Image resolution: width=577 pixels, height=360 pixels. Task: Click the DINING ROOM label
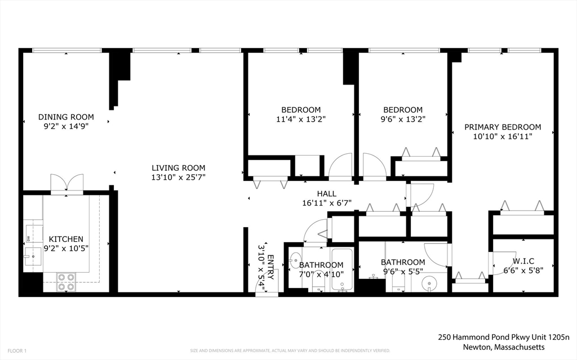pyautogui.click(x=66, y=117)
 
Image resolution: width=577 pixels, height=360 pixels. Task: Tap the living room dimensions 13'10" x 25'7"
pyautogui.click(x=178, y=177)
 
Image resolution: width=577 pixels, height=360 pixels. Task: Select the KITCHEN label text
pyautogui.click(x=66, y=239)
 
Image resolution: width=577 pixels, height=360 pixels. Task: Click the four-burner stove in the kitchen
pyautogui.click(x=66, y=282)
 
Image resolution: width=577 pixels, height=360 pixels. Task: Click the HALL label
pyautogui.click(x=326, y=194)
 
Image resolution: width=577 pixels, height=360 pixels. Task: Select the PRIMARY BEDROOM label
pyautogui.click(x=502, y=127)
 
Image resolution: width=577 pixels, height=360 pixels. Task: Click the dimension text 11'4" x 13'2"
pyautogui.click(x=301, y=119)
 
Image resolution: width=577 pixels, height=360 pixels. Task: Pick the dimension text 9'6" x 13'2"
pyautogui.click(x=402, y=119)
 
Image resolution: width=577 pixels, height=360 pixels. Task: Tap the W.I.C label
pyautogui.click(x=523, y=261)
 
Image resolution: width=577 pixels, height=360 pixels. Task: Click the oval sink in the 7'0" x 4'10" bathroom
pyautogui.click(x=295, y=260)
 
